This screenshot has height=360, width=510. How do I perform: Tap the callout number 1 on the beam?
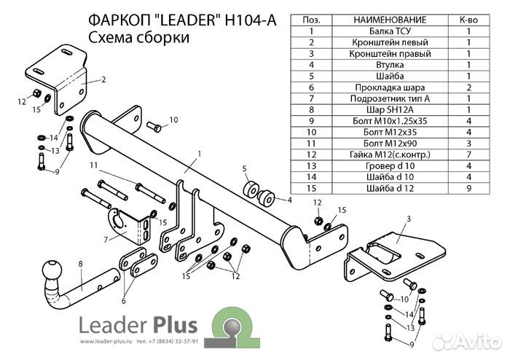(x=197, y=153)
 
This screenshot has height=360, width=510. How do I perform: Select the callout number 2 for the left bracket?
(x=103, y=79)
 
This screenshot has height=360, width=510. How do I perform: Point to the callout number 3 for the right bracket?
(x=409, y=219)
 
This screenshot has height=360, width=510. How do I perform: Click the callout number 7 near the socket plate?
(x=107, y=239)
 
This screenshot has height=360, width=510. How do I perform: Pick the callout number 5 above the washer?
(x=244, y=168)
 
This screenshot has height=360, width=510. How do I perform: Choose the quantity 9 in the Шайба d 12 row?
(x=468, y=188)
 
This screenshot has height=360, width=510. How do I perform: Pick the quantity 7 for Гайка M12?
(x=468, y=154)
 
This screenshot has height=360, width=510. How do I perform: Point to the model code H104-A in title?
(x=251, y=21)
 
